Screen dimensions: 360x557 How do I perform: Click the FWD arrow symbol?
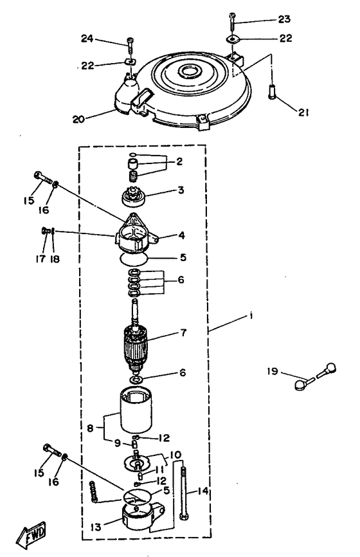pyautogui.click(x=32, y=534)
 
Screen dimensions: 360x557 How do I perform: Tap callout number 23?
pyautogui.click(x=284, y=19)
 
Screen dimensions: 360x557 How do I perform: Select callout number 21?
pyautogui.click(x=303, y=113)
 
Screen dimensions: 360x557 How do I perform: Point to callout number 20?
pyautogui.click(x=78, y=120)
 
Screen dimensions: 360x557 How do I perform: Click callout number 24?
pyautogui.click(x=87, y=39)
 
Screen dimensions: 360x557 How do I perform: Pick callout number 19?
pyautogui.click(x=273, y=372)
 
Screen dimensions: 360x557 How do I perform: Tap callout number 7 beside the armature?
pyautogui.click(x=183, y=333)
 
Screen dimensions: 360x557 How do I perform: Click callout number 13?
pyautogui.click(x=96, y=527)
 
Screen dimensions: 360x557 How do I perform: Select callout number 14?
pyautogui.click(x=203, y=491)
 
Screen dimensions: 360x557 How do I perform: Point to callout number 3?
pyautogui.click(x=181, y=190)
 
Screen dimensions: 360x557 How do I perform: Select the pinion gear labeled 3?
pyautogui.click(x=134, y=198)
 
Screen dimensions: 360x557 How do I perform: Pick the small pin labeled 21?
pyautogui.click(x=272, y=94)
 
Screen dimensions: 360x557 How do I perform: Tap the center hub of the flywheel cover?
pyautogui.click(x=189, y=71)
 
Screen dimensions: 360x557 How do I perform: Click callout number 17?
pyautogui.click(x=40, y=259)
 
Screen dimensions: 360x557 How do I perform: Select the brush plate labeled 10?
pyautogui.click(x=137, y=461)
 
